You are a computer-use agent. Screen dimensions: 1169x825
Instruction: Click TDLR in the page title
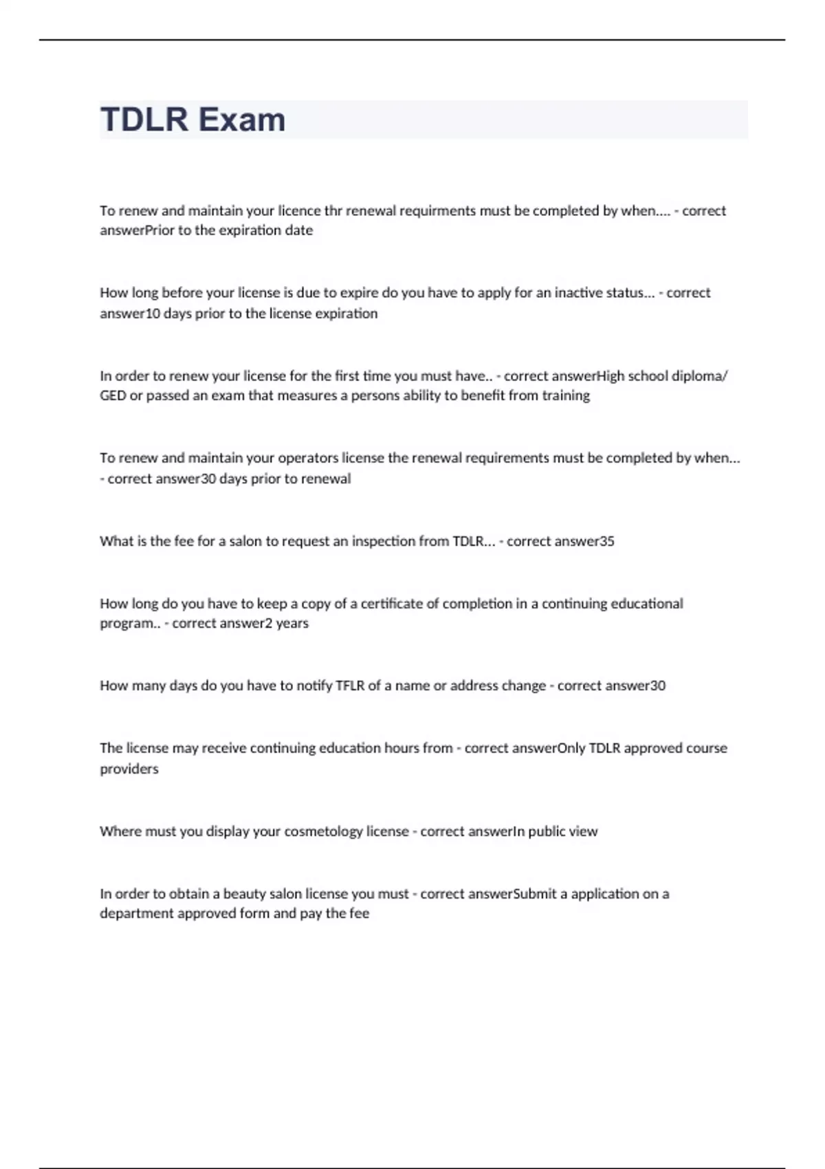pos(144,120)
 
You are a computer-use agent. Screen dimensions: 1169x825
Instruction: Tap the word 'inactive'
pos(578,293)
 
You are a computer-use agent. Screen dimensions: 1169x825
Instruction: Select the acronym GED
pos(113,396)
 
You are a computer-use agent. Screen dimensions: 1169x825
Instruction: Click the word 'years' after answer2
pos(292,624)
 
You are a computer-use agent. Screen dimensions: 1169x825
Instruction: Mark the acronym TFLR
pos(351,686)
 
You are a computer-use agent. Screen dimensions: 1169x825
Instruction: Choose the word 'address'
pos(474,686)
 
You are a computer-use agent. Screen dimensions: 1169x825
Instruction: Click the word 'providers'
pos(129,769)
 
